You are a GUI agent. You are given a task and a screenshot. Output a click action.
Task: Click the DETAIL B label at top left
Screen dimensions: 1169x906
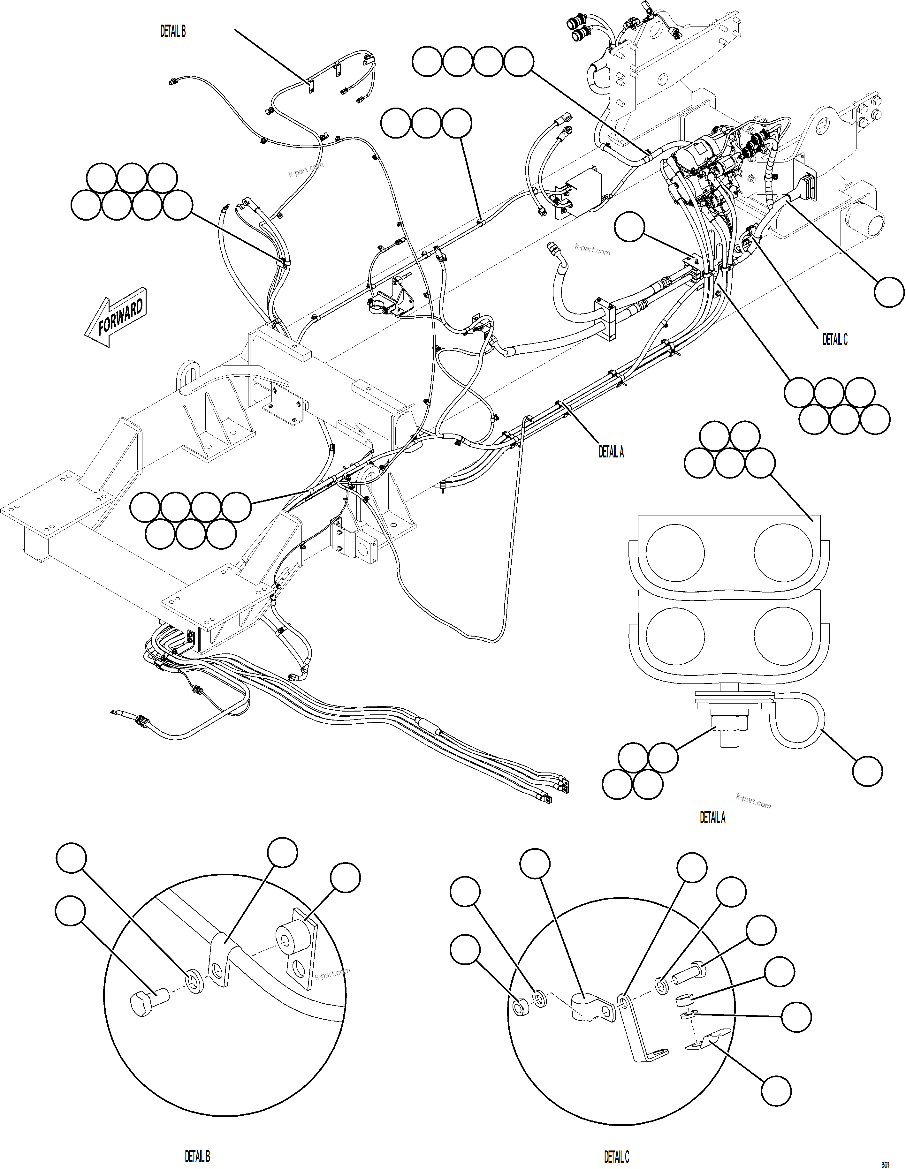[x=173, y=32]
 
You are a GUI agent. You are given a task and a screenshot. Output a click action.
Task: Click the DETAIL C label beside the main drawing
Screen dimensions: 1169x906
[x=835, y=339]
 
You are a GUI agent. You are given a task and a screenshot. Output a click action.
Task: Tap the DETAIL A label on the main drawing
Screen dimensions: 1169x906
[x=611, y=452]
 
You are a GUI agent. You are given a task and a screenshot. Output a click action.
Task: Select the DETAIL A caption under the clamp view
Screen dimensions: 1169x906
[x=712, y=817]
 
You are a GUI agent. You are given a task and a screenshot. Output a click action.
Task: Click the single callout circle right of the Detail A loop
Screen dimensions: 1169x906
[x=867, y=771]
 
